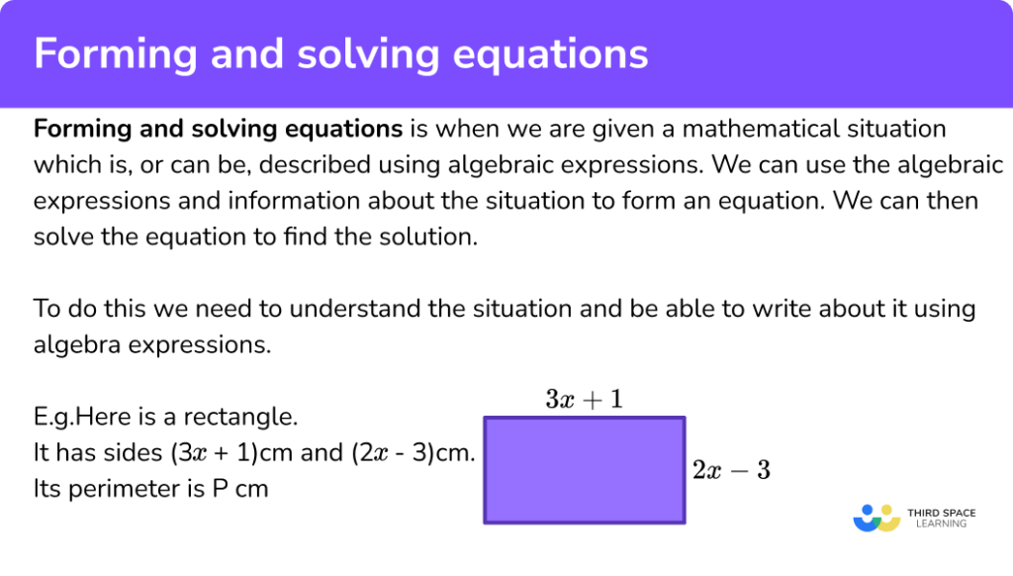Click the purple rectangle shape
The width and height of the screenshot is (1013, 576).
click(x=584, y=470)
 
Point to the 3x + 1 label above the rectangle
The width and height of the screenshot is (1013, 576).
click(x=584, y=399)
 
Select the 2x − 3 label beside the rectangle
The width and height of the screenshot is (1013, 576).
click(x=731, y=471)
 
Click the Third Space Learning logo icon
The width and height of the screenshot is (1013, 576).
click(x=875, y=518)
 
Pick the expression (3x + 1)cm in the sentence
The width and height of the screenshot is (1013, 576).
click(x=222, y=452)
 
